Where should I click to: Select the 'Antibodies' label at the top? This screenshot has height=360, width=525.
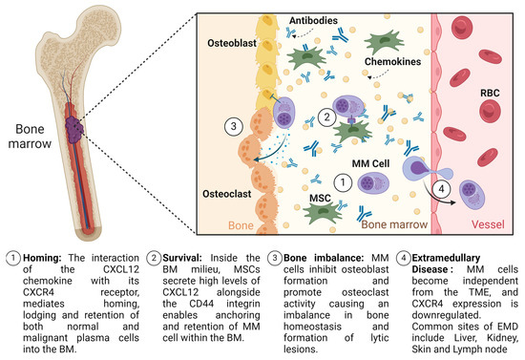point(285,19)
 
